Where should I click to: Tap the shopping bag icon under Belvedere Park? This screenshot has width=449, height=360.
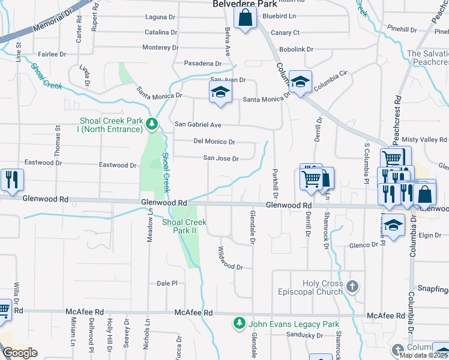[246, 19]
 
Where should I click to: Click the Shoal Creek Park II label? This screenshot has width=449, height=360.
[184, 226]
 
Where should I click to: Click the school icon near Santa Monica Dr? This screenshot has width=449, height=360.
[220, 92]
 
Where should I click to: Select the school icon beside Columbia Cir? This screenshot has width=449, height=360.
[300, 81]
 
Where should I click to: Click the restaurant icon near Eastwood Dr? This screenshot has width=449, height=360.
[11, 179]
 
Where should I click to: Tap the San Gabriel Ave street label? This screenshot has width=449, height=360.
[198, 125]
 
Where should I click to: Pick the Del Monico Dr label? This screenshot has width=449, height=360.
[214, 142]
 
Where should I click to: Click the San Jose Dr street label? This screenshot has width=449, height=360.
[221, 159]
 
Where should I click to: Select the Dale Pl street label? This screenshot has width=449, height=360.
[167, 283]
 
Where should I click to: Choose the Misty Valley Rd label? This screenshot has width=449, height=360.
[423, 139]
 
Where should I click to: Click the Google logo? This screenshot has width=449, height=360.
[20, 353]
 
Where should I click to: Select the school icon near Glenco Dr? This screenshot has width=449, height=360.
[393, 226]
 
